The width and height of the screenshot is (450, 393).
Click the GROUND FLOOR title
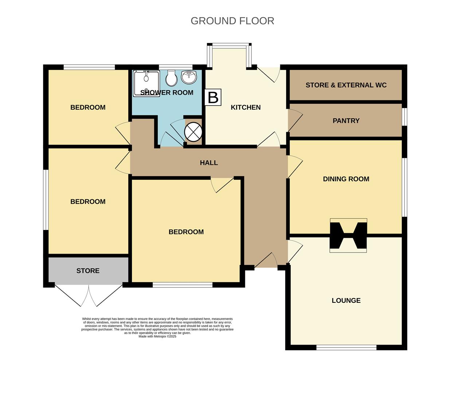(x=232, y=21)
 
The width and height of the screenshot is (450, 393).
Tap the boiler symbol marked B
(x=213, y=97)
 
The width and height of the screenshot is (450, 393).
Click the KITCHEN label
(x=246, y=107)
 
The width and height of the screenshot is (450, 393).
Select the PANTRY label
(x=346, y=121)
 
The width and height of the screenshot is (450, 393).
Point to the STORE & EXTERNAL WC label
(x=346, y=85)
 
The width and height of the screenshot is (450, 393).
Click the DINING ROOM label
(x=346, y=179)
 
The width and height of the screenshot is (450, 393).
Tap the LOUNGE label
(x=346, y=301)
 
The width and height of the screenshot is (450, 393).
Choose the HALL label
(x=209, y=163)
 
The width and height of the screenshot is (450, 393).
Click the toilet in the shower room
(x=171, y=78)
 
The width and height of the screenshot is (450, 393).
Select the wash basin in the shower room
(x=189, y=77)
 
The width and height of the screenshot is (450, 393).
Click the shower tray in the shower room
(x=146, y=83)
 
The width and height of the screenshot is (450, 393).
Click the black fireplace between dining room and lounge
(x=348, y=235)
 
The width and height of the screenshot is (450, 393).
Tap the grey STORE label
(x=88, y=271)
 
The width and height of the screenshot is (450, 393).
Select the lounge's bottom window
(x=346, y=348)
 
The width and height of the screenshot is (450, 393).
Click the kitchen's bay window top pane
(x=229, y=45)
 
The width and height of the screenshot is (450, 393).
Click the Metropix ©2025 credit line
(x=157, y=337)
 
